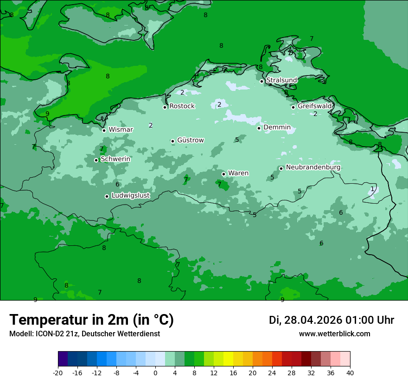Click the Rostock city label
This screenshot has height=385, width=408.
tap(182, 106)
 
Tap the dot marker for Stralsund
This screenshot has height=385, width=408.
tap(261, 81)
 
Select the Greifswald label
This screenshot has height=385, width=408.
tap(314, 106)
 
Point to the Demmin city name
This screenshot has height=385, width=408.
tap(277, 128)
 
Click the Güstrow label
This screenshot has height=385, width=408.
tap(190, 141)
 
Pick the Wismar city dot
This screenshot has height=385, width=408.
tap(104, 130)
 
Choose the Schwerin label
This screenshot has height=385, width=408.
tap(115, 160)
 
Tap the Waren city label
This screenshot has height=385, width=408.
tap(238, 173)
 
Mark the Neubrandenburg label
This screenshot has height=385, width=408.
tap(313, 167)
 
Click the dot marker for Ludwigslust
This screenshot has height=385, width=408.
tap(107, 196)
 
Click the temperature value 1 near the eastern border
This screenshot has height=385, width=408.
tap(372, 189)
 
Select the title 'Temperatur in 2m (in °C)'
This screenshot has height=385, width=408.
tap(92, 320)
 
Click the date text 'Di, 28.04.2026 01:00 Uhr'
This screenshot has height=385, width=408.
tap(331, 320)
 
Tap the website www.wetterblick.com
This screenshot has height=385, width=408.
tap(334, 334)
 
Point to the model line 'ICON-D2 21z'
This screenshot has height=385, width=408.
tap(84, 334)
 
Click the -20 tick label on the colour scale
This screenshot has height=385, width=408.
tap(58, 373)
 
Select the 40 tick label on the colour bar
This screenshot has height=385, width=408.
tap(350, 373)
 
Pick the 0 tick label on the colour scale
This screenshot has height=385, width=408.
tap(155, 373)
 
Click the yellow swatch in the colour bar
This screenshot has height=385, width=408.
tap(228, 359)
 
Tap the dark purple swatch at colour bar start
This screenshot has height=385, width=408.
tap(63, 359)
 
